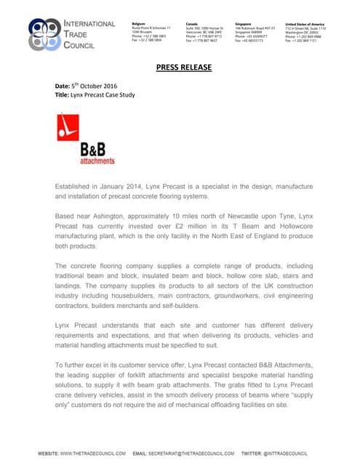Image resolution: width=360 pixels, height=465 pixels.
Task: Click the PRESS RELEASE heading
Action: [x=184, y=68]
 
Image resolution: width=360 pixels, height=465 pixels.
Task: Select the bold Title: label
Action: [x=63, y=95]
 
